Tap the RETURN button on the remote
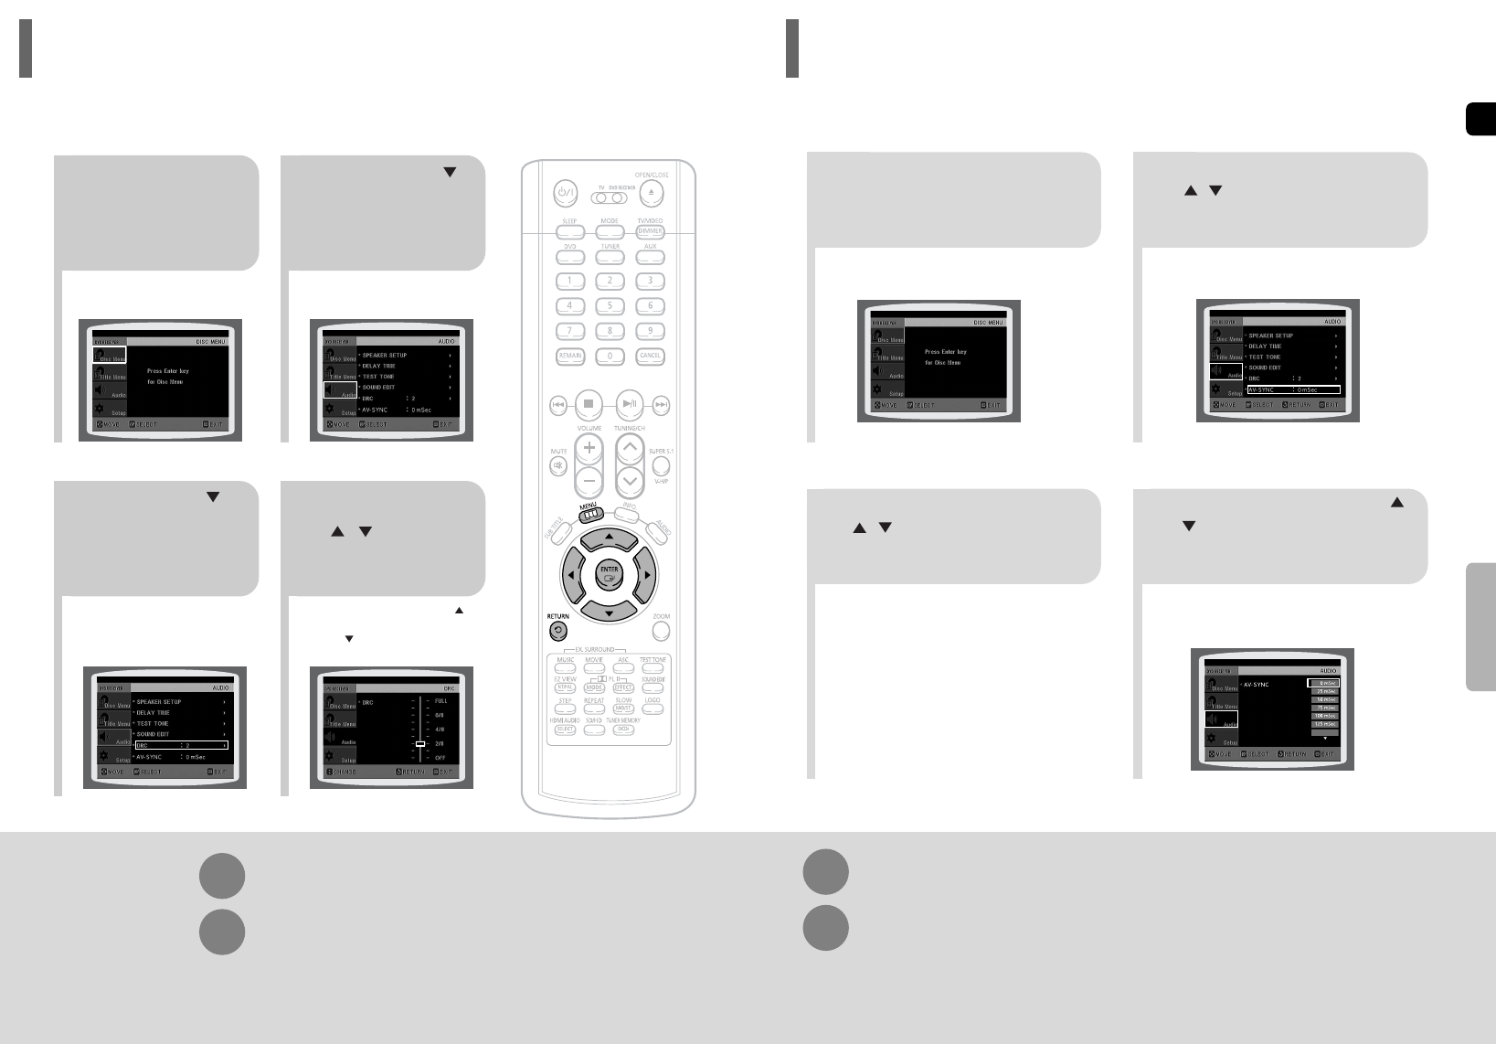click(557, 631)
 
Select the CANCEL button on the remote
click(650, 356)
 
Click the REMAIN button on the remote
click(570, 356)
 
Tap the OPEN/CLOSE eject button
click(651, 193)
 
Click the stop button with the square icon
click(589, 403)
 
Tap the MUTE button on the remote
click(558, 465)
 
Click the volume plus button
click(589, 447)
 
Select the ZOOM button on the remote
click(661, 631)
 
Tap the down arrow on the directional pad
click(609, 609)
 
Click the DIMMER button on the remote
click(650, 231)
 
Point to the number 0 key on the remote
click(610, 356)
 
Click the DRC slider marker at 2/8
click(420, 744)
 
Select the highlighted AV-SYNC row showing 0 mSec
click(1293, 389)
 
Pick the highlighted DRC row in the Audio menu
click(180, 745)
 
